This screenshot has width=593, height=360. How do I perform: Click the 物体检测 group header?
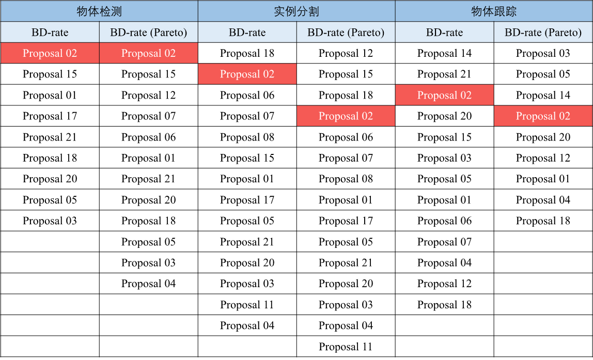tap(99, 11)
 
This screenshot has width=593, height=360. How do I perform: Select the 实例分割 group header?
tap(296, 11)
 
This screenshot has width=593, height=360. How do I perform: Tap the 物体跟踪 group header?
tap(494, 11)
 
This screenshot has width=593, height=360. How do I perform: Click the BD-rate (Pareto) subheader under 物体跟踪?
tap(543, 33)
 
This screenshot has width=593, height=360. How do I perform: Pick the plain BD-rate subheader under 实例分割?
tap(247, 33)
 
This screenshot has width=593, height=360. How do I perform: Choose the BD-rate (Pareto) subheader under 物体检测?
tap(149, 33)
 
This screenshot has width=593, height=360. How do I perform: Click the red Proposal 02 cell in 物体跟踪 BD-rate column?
tap(444, 95)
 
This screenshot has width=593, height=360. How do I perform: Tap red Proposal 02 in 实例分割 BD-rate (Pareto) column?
tap(346, 116)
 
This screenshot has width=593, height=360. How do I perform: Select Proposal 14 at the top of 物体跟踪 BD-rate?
tap(444, 53)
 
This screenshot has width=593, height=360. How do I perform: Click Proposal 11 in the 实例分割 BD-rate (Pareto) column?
tap(346, 347)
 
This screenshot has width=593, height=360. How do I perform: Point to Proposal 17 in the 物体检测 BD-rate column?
tap(50, 116)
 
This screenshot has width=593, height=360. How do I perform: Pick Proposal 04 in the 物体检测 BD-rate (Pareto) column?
tap(149, 284)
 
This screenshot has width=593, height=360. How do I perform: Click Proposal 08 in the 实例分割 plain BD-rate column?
tap(247, 137)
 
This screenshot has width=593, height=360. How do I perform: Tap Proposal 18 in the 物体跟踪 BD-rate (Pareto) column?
tap(543, 221)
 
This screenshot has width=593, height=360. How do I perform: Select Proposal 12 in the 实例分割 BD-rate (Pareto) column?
tap(346, 53)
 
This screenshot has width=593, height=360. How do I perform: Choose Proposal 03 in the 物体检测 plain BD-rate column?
tap(50, 221)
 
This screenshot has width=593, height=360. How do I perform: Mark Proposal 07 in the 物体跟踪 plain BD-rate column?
tap(444, 242)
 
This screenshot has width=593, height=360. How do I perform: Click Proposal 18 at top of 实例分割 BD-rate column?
tap(247, 53)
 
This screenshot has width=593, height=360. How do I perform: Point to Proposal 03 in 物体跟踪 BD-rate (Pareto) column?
tap(543, 53)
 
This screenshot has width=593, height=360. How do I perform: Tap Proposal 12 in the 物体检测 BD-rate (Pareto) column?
tap(149, 95)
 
